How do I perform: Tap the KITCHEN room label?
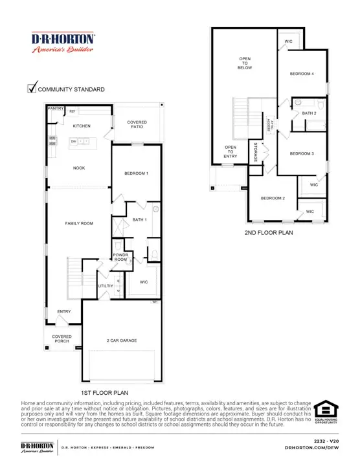(82, 126)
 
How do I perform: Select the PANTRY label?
(56, 109)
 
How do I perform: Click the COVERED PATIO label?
(137, 124)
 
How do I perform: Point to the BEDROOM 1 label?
(136, 173)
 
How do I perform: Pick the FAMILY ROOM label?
(80, 223)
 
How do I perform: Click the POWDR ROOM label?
(121, 256)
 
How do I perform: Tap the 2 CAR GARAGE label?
(122, 340)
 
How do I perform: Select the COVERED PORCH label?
(62, 339)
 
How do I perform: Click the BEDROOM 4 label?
(302, 74)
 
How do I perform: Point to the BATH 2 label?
(309, 113)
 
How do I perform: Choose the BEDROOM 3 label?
(302, 153)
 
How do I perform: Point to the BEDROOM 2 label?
(273, 198)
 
